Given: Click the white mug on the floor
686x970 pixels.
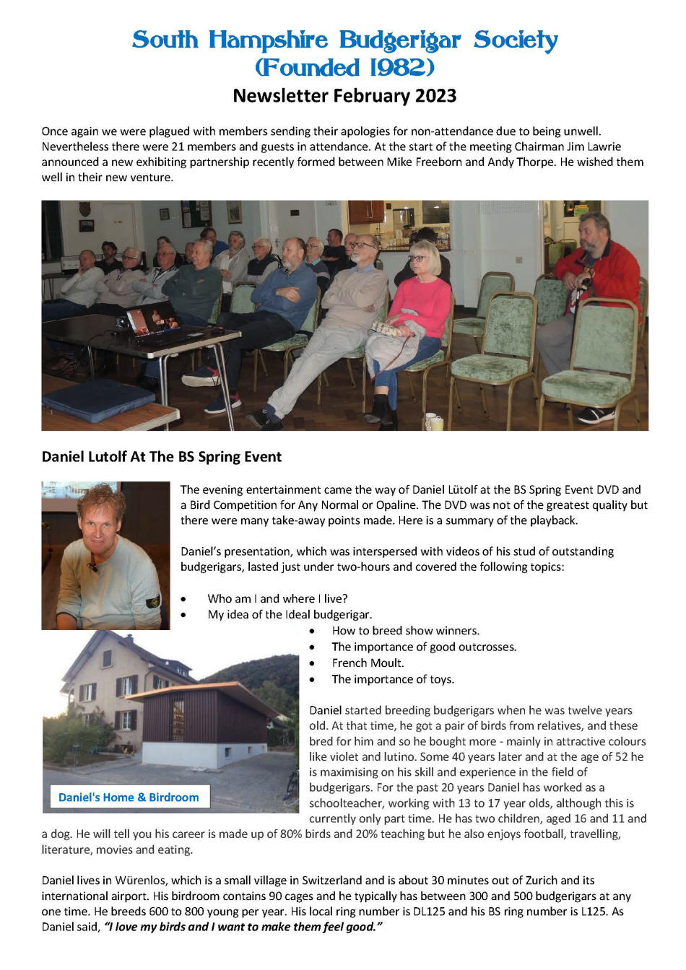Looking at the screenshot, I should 434,421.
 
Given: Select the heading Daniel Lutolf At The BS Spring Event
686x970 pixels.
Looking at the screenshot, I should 162,457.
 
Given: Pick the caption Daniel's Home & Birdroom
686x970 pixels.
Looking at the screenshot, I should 129,797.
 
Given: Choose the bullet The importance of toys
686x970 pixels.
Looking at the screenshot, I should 392,678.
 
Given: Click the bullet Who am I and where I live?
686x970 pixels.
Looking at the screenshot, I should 277,598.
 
